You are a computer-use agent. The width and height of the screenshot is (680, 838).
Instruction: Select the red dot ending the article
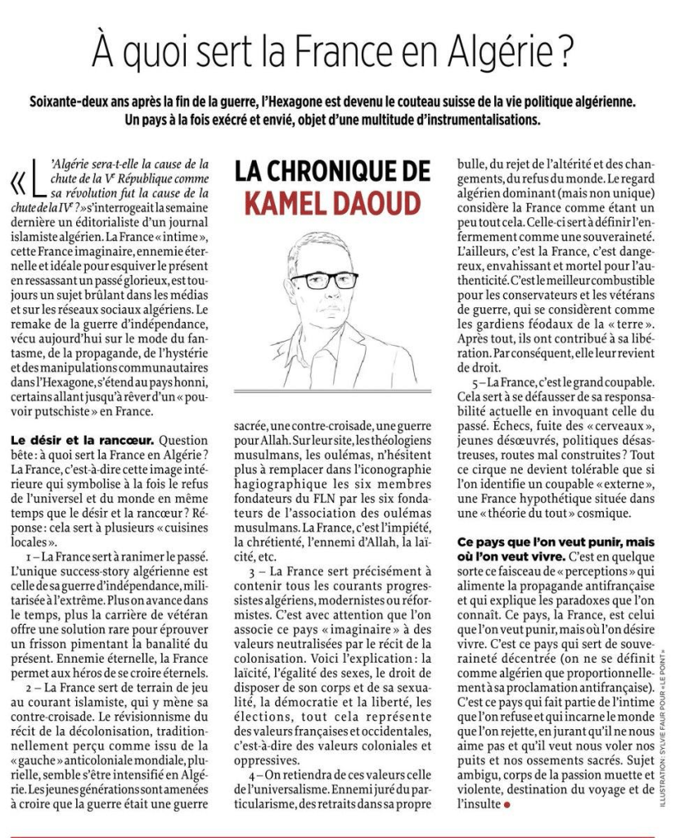pos(508,805)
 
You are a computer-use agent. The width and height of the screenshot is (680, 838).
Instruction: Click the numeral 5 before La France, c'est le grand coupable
pos(474,381)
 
